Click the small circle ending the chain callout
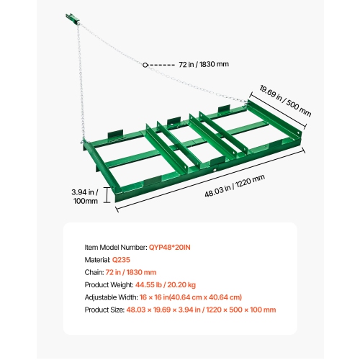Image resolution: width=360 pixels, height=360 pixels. (x=145, y=64)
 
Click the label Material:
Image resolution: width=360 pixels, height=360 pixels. (x=97, y=260)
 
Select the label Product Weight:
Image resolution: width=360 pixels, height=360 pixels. (x=107, y=284)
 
